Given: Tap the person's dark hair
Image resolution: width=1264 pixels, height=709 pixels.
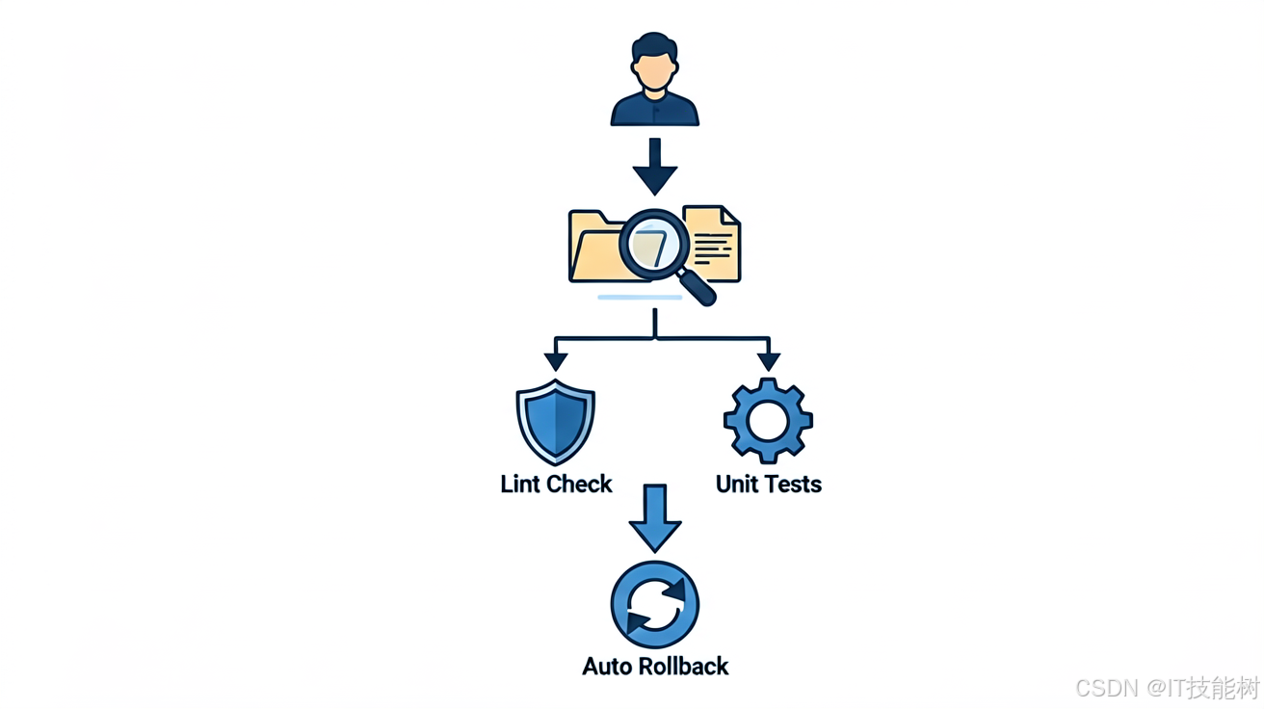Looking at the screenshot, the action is coord(654,45).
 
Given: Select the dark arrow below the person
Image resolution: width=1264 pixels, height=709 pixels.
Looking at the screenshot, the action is coord(654,167).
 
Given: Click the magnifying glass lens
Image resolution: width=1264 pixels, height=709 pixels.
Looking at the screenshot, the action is coord(654,246).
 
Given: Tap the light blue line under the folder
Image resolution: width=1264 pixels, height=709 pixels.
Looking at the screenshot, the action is coord(640,298).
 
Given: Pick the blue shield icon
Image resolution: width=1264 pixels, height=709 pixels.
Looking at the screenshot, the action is coord(556,422).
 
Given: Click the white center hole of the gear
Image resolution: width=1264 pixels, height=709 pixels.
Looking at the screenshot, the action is coord(768,421).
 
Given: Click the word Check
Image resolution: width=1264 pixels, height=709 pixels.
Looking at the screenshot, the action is coord(580,484).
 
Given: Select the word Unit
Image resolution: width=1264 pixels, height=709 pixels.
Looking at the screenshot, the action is coord(738,484).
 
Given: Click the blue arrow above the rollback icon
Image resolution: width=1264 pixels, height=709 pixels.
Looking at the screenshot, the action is coord(655,518).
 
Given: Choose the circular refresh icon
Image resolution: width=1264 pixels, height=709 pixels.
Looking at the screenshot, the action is coord(654,605).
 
